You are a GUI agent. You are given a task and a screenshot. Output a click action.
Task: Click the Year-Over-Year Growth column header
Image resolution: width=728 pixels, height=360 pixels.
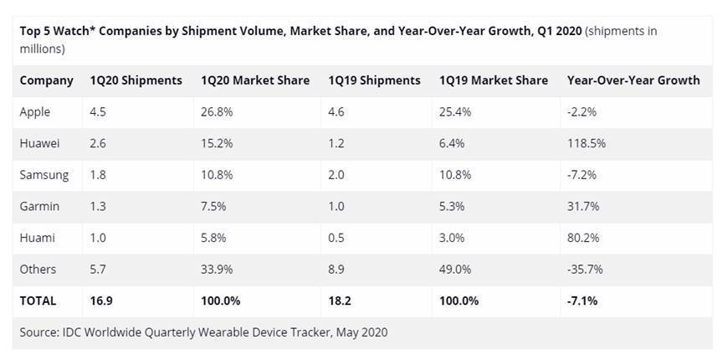pyautogui.click(x=633, y=80)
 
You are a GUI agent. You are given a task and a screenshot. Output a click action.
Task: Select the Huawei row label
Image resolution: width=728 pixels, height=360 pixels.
pyautogui.click(x=40, y=143)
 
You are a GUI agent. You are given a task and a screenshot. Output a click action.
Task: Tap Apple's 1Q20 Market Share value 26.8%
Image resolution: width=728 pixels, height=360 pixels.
pyautogui.click(x=218, y=112)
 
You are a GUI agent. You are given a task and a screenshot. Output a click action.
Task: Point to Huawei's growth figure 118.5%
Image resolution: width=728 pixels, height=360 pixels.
pyautogui.click(x=587, y=143)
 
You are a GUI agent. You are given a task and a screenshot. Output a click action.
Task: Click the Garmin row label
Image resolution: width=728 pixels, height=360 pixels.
pyautogui.click(x=38, y=206)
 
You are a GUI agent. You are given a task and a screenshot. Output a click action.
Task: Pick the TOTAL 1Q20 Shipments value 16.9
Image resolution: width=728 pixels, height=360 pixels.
pyautogui.click(x=100, y=300)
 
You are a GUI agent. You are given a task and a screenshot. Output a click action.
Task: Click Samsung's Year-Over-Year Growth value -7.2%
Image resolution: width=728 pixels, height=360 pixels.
pyautogui.click(x=582, y=175)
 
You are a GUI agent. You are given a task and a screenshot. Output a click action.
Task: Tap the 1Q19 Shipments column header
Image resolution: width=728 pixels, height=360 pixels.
pyautogui.click(x=374, y=80)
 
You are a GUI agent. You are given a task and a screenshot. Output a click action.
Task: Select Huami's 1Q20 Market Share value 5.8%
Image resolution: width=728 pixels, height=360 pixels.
pyautogui.click(x=215, y=238)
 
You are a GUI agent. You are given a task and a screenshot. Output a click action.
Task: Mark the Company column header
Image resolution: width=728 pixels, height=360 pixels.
pyautogui.click(x=46, y=80)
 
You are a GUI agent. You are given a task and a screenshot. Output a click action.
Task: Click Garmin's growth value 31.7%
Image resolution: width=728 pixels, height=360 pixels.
pyautogui.click(x=583, y=206)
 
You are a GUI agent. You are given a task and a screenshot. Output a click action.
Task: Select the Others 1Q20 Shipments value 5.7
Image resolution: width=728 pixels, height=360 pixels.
pyautogui.click(x=99, y=269)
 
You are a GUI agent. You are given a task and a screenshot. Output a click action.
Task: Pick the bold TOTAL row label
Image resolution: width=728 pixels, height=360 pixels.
pyautogui.click(x=38, y=300)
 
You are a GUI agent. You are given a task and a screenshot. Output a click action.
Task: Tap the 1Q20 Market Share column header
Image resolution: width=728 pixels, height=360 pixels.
pyautogui.click(x=255, y=80)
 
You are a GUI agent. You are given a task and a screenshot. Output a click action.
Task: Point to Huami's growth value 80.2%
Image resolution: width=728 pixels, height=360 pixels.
pyautogui.click(x=583, y=238)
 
